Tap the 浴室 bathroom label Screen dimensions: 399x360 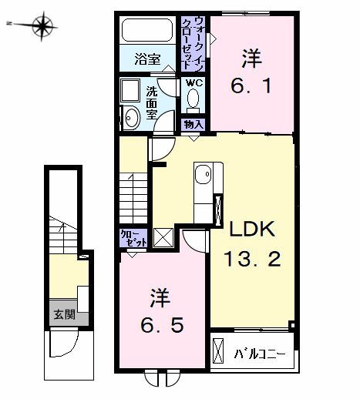click(x=146, y=58)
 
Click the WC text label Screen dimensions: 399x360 click(x=193, y=82)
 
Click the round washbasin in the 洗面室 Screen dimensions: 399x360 click(x=132, y=117)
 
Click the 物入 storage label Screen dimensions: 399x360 click(x=193, y=123)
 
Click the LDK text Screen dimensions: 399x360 click(x=249, y=229)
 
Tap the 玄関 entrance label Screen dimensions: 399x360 click(x=63, y=313)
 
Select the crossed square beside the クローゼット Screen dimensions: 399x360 click(x=163, y=238)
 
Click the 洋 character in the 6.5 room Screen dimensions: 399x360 click(x=159, y=297)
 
